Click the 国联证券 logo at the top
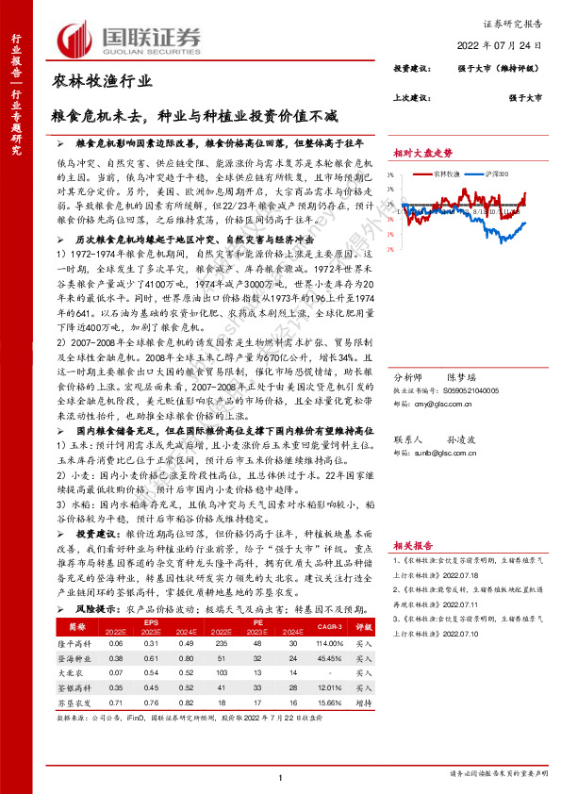(131, 38)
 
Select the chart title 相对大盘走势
(423, 151)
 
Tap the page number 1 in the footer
(281, 777)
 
